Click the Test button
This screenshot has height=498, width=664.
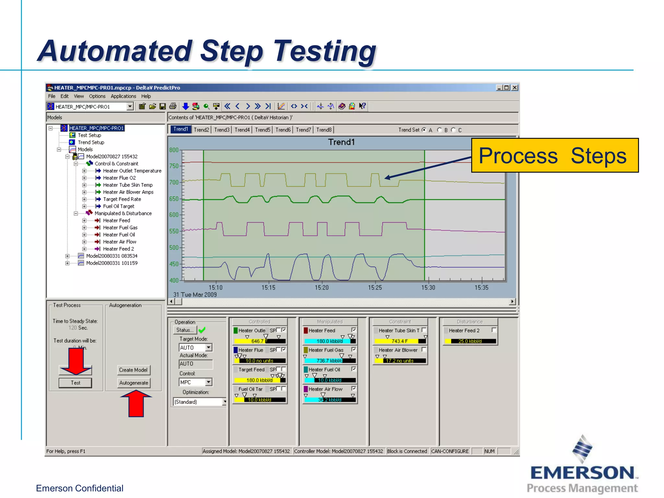(75, 383)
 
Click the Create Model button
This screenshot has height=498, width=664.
(133, 370)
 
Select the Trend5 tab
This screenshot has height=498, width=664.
(262, 130)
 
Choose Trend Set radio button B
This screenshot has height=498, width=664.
(440, 130)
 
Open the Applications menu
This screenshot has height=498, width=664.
(123, 96)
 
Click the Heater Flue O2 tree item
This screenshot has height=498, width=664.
(119, 178)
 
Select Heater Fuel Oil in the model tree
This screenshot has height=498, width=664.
(119, 235)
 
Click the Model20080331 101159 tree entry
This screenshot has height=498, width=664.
(112, 263)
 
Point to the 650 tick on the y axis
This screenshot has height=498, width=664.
(174, 199)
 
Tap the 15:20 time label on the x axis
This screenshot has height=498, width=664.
(321, 288)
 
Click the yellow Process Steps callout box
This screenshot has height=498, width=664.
(554, 156)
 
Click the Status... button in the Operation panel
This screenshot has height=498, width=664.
(185, 330)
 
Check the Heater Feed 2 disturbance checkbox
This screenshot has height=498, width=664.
(494, 330)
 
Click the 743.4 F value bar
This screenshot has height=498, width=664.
(399, 341)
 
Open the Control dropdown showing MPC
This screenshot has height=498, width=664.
(208, 382)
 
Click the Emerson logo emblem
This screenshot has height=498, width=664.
(582, 449)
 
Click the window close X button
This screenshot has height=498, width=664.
(515, 88)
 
